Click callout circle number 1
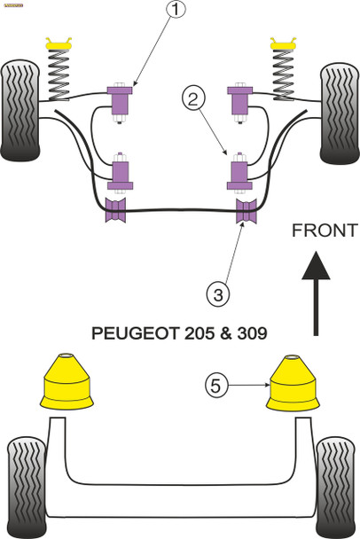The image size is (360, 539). click(x=176, y=12)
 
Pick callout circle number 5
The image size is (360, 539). click(x=216, y=387)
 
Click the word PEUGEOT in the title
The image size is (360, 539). click(x=136, y=336)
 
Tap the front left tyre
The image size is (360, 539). click(x=20, y=111)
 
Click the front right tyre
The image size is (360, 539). click(x=339, y=111)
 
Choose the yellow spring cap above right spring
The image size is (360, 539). click(x=284, y=41)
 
